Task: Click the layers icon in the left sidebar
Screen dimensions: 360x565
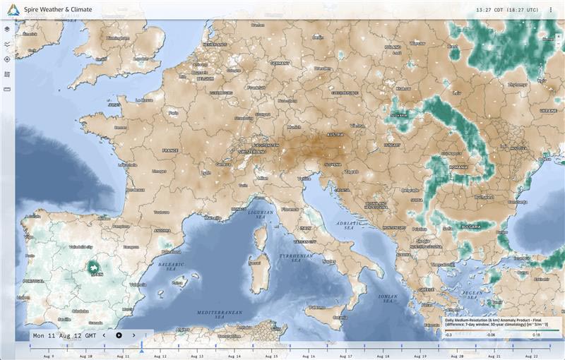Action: click(x=7, y=30)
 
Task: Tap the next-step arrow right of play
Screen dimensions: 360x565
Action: click(x=133, y=335)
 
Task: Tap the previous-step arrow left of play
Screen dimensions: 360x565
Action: click(x=104, y=335)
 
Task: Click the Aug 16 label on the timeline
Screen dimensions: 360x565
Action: click(x=308, y=356)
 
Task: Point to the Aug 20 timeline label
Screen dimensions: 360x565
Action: click(x=456, y=356)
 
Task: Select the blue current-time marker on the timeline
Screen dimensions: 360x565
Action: click(x=141, y=349)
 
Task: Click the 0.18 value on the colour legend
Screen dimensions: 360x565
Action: click(x=537, y=335)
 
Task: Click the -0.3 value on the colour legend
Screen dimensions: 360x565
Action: click(x=448, y=335)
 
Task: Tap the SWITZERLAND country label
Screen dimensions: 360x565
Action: click(x=252, y=152)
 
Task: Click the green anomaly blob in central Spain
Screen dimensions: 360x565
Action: click(x=93, y=267)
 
